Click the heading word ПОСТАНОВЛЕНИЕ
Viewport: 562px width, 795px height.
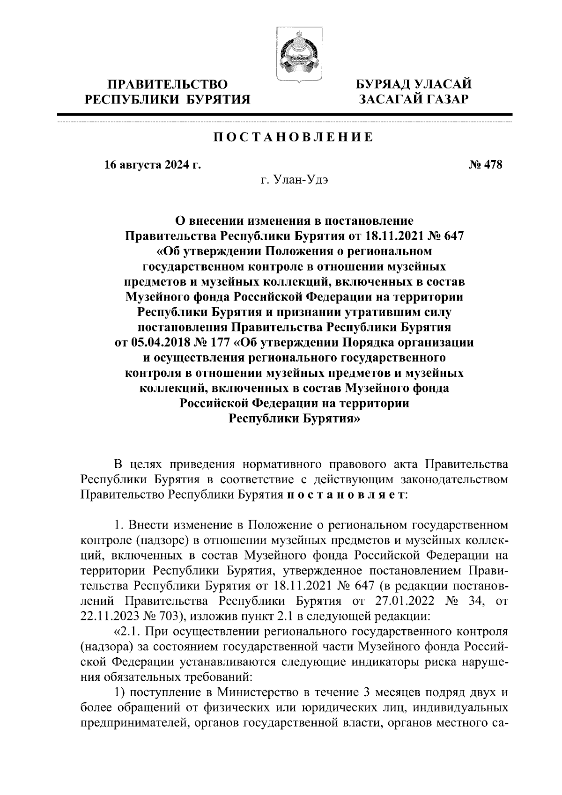(x=294, y=137)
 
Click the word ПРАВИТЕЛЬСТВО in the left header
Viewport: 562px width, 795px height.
(x=168, y=85)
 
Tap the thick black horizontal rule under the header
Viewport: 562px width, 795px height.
(x=285, y=115)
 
